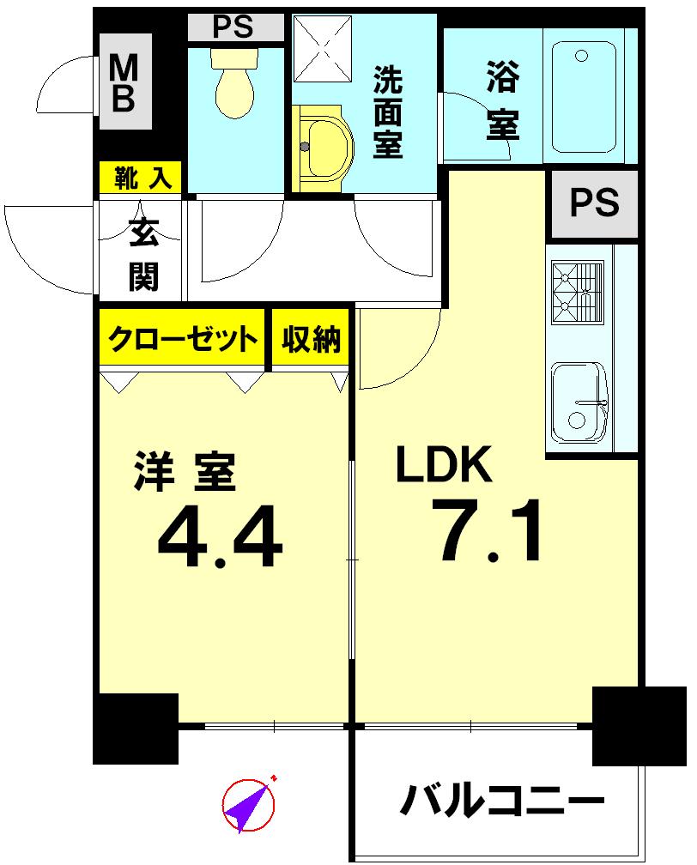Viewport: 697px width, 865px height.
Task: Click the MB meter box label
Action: [125, 82]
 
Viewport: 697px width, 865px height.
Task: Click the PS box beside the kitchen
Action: [595, 204]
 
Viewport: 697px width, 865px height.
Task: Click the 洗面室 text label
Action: [389, 112]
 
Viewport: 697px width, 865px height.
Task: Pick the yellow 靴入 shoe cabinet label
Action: [141, 178]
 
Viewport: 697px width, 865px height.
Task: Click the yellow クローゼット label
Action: [183, 340]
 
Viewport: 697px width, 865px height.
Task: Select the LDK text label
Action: [443, 466]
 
